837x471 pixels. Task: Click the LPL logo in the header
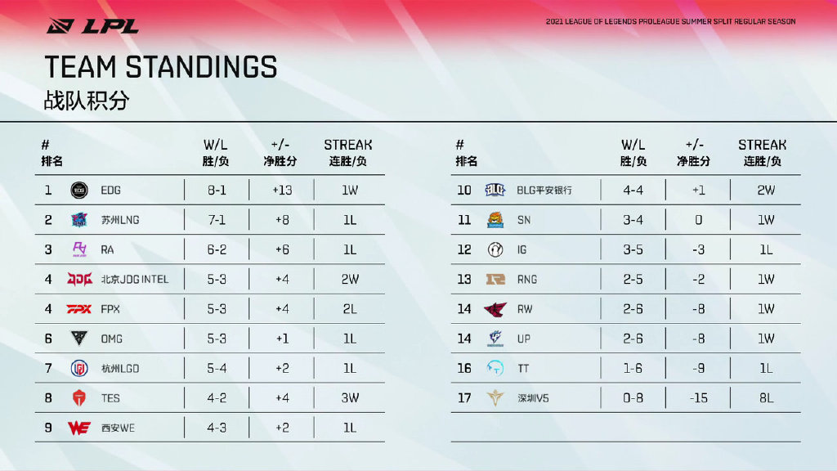[92, 25]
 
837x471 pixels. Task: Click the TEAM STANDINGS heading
[161, 67]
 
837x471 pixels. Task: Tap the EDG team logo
[79, 190]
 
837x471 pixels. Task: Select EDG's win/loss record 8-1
[217, 190]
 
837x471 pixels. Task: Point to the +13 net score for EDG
[281, 190]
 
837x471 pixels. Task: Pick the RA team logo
[79, 249]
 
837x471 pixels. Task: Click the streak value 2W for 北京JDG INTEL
[350, 279]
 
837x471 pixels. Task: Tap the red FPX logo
[79, 309]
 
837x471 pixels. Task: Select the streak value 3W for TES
[350, 398]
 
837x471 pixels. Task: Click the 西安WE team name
[118, 428]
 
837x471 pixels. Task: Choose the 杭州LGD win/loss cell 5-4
[217, 368]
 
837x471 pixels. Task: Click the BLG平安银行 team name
[544, 190]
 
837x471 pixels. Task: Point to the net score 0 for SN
[698, 220]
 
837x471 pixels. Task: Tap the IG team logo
[495, 249]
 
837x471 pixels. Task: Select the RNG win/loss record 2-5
[633, 279]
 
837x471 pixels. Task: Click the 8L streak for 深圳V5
[766, 398]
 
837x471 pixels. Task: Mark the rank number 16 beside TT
[464, 368]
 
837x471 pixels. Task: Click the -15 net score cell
[698, 398]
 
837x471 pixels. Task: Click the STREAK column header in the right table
[762, 145]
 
